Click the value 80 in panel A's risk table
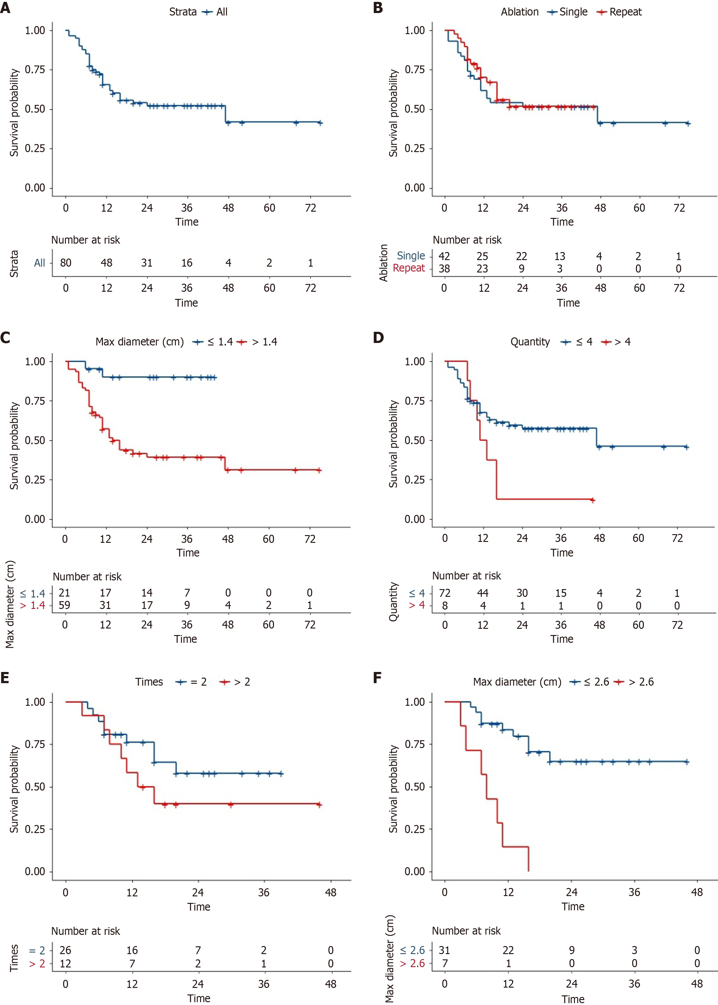(65, 263)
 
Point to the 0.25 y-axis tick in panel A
(34, 148)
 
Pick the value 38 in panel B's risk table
(444, 268)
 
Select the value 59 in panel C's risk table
(65, 605)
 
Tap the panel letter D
(379, 338)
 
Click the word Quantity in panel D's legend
(530, 342)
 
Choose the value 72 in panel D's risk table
(444, 593)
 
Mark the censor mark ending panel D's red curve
(593, 500)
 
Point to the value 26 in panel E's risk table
(65, 950)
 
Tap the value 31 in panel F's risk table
(444, 950)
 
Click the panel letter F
(377, 678)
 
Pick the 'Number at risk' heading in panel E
(86, 931)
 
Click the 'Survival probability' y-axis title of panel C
(14, 445)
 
